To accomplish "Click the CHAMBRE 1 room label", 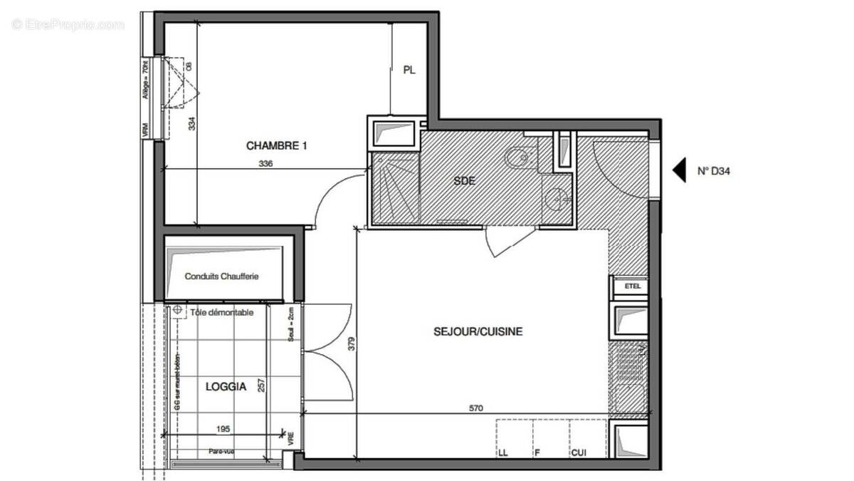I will [276, 145].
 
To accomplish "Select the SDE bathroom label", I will [464, 181].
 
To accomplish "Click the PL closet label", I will [409, 70].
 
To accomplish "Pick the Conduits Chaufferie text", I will [221, 276].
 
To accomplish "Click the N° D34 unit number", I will [714, 171].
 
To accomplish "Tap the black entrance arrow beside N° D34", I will [680, 170].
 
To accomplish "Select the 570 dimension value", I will [476, 408].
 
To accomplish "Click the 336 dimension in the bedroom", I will [265, 163].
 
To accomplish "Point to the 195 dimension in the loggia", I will [223, 429].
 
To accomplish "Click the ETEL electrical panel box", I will [632, 286].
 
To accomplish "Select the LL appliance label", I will [504, 452].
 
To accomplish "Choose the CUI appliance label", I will [578, 452].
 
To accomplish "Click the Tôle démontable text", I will [221, 313].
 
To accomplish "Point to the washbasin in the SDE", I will [557, 199].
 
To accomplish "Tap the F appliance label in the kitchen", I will [538, 452].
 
